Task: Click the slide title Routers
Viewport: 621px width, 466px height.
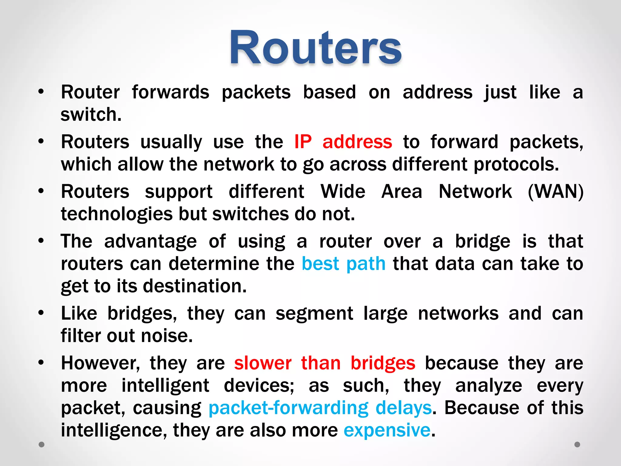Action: (315, 48)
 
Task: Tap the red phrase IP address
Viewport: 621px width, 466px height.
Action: (343, 142)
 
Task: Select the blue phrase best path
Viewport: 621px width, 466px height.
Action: (344, 264)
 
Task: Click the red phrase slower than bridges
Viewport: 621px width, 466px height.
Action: (324, 363)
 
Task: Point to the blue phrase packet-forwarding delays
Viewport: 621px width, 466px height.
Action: (320, 408)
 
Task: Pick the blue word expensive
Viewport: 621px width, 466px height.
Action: (387, 430)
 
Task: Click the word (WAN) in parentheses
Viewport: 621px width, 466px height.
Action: (556, 192)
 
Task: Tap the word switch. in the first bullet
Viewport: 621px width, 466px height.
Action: (91, 115)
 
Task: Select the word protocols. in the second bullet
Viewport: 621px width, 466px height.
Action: (516, 164)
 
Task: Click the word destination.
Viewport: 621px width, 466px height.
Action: (195, 286)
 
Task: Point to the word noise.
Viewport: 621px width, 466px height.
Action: (167, 336)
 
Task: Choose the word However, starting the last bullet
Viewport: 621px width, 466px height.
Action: (100, 363)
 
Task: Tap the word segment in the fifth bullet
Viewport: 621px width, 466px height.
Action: (314, 314)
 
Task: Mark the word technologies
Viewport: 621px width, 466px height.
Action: (117, 214)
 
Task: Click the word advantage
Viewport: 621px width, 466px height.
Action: (150, 241)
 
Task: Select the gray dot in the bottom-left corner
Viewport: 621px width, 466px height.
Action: (42, 444)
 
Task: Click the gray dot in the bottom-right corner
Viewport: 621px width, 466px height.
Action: (577, 444)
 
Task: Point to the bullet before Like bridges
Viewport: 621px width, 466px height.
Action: (41, 312)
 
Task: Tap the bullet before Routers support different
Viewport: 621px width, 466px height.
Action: (41, 191)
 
